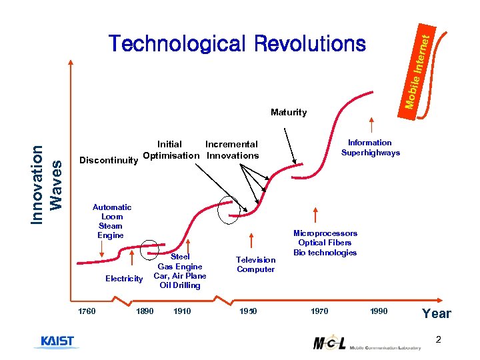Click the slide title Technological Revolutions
238,44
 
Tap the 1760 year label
87,311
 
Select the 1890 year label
145,311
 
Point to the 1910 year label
181,311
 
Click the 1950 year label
249,311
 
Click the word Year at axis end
437,313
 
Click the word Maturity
289,113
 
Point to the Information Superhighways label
370,147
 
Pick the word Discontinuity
109,160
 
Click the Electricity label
124,279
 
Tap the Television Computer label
255,265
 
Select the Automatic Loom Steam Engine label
111,221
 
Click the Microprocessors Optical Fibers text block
325,243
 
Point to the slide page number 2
438,340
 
